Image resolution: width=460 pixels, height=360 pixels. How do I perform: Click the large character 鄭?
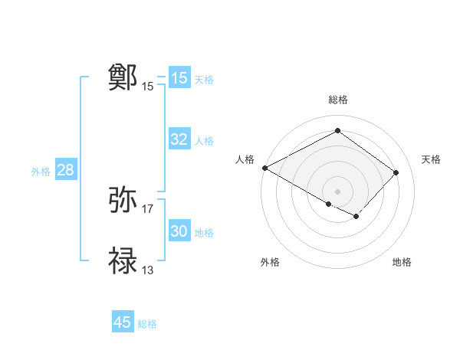(x=123, y=77)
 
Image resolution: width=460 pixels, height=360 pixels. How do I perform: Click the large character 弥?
(x=123, y=201)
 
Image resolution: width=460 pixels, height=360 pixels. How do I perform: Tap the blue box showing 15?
(x=179, y=78)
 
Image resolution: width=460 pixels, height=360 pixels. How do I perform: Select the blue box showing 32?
(x=179, y=139)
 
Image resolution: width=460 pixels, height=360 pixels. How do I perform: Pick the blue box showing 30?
(x=179, y=231)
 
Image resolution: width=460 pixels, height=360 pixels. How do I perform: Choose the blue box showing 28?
(x=65, y=170)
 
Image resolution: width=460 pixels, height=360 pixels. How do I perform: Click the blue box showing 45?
(x=123, y=322)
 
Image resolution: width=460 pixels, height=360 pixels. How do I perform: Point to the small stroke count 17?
(x=148, y=208)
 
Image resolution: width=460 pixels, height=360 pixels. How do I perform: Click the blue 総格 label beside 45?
(x=147, y=324)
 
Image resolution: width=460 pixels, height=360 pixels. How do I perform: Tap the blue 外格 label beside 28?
(x=41, y=172)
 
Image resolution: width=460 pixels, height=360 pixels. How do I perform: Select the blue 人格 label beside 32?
(x=204, y=141)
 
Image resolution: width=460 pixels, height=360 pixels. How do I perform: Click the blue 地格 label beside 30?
(x=204, y=233)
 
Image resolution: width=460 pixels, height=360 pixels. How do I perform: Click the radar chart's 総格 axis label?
(x=338, y=100)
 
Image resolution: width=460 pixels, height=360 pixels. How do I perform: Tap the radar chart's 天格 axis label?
(x=431, y=159)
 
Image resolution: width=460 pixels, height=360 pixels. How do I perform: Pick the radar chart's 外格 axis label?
(x=270, y=262)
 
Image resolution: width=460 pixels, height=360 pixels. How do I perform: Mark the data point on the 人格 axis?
(x=264, y=168)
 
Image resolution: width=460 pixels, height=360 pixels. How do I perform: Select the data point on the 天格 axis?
(x=396, y=172)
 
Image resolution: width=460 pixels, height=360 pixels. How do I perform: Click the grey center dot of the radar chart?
(x=337, y=190)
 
